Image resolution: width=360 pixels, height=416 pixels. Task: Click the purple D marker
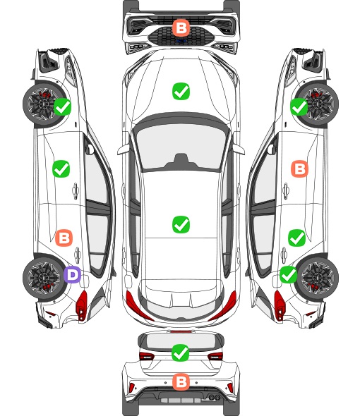tap(72, 274)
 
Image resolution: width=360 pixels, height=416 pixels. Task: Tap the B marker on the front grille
tap(181, 27)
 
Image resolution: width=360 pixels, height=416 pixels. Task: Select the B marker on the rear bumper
tap(181, 382)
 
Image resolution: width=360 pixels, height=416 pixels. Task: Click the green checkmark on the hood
tap(181, 91)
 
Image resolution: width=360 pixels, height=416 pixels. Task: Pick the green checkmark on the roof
tap(181, 224)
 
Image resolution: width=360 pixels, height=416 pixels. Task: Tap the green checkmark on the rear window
tap(181, 353)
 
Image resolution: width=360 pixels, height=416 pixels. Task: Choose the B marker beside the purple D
tap(64, 238)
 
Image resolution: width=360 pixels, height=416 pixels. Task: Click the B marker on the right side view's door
tap(300, 169)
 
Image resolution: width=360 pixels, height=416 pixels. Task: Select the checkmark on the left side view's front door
tap(61, 169)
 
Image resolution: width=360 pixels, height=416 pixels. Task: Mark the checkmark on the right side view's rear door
tap(296, 238)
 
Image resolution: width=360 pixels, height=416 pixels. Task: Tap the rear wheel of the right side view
tap(318, 277)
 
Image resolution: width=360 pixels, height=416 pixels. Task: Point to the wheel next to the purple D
tap(43, 278)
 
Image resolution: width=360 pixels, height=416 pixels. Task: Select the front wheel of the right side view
tap(318, 104)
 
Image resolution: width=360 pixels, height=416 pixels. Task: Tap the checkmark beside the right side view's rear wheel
tap(289, 274)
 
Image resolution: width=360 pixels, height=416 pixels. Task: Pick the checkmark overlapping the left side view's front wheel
tap(62, 106)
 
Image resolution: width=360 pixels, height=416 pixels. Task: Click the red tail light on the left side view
tap(82, 305)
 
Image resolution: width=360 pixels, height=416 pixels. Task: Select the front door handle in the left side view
tap(76, 190)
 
